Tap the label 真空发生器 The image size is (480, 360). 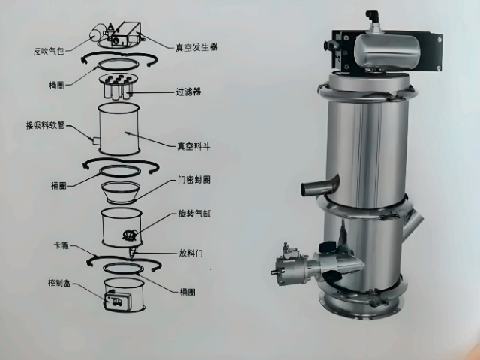196,46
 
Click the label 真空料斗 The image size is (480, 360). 193,147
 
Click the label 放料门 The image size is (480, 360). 192,253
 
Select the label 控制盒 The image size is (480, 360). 59,284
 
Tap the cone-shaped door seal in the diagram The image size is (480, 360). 119,193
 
